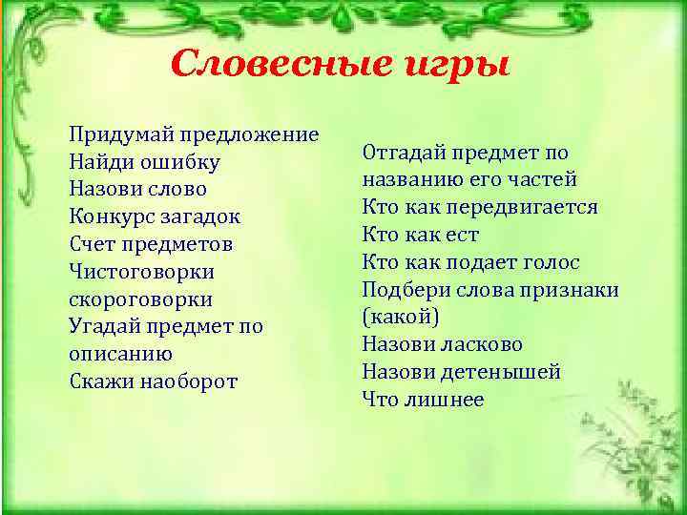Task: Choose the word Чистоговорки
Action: coord(141,272)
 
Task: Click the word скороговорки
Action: coord(141,299)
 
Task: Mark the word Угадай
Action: coord(106,326)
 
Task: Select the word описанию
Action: coord(121,354)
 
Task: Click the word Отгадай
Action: coord(403,153)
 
